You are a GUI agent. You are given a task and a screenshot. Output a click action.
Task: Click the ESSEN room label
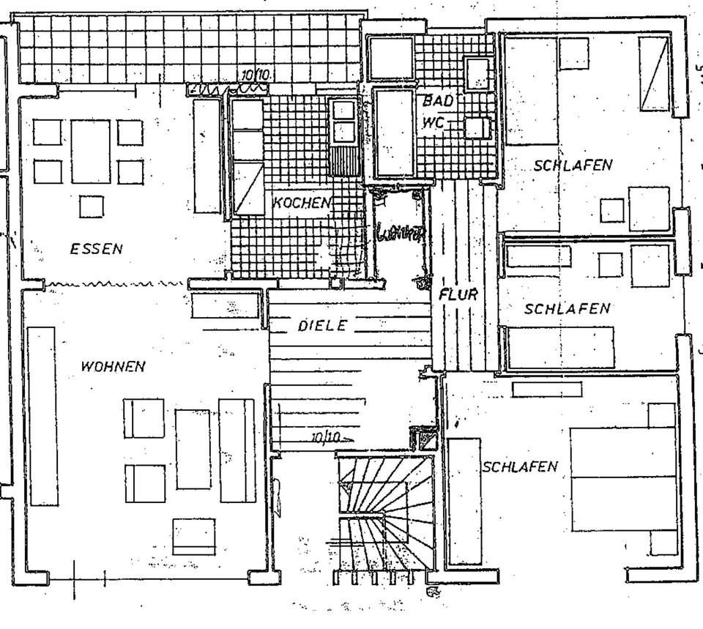pyautogui.click(x=96, y=249)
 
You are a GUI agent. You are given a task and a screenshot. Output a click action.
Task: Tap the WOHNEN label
pyautogui.click(x=113, y=367)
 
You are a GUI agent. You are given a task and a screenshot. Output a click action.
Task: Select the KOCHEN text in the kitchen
pyautogui.click(x=301, y=203)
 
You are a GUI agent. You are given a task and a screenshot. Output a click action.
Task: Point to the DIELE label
pyautogui.click(x=321, y=326)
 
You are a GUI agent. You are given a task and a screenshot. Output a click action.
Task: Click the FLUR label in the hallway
pyautogui.click(x=458, y=295)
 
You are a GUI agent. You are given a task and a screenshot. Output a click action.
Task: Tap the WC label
pyautogui.click(x=433, y=122)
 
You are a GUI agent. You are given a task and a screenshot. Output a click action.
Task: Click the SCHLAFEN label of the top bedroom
pyautogui.click(x=573, y=165)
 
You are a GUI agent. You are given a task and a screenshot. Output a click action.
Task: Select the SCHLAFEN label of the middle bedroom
pyautogui.click(x=567, y=309)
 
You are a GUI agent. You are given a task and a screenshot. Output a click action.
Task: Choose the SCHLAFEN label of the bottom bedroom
pyautogui.click(x=520, y=466)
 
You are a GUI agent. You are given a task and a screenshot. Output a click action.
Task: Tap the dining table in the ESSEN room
pyautogui.click(x=90, y=152)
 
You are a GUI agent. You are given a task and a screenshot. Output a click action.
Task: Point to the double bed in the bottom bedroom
pyautogui.click(x=622, y=478)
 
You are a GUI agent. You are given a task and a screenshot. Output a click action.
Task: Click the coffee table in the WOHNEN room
pyautogui.click(x=193, y=450)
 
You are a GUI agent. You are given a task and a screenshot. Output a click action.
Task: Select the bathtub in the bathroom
pyautogui.click(x=394, y=133)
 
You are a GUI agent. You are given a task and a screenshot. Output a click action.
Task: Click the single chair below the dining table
pyautogui.click(x=92, y=206)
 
